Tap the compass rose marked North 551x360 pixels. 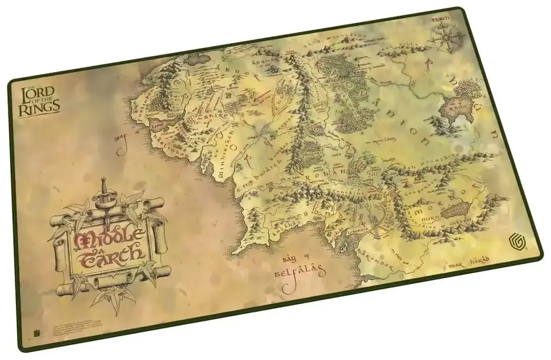[x=448, y=35]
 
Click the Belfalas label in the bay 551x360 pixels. [x=301, y=271]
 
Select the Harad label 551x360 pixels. [x=478, y=262]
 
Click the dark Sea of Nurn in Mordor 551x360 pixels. [x=454, y=210]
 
